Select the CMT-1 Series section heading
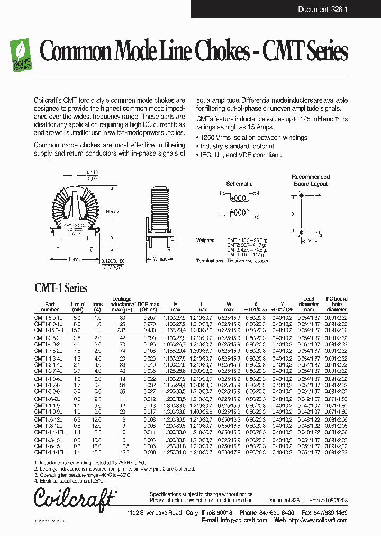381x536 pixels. click(x=61, y=289)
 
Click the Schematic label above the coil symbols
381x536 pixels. click(x=239, y=184)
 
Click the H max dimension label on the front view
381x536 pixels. click(x=112, y=212)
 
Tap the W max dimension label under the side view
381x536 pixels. click(x=160, y=259)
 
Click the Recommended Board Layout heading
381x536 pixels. click(x=311, y=180)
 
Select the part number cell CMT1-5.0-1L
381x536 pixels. click(x=49, y=317)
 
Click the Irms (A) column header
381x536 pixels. click(x=97, y=306)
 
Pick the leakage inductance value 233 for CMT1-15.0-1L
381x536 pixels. click(x=123, y=330)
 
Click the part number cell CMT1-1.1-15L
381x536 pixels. click(x=50, y=453)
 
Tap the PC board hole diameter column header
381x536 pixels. click(x=337, y=304)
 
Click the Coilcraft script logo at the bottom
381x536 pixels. click(x=74, y=498)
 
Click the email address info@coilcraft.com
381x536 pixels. click(x=243, y=520)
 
